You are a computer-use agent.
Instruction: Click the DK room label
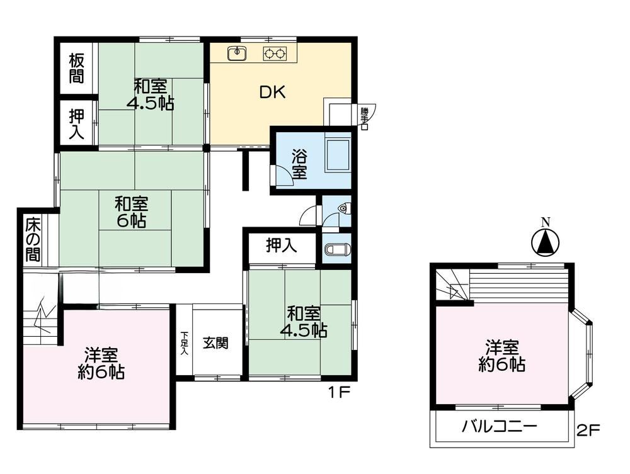click(x=272, y=93)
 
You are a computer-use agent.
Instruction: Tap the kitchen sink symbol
click(x=237, y=54)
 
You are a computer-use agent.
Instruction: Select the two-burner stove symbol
click(x=275, y=54)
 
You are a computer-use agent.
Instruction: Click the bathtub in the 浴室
click(x=338, y=156)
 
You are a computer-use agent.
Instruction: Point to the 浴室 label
click(x=299, y=164)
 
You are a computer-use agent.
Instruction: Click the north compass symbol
click(x=545, y=243)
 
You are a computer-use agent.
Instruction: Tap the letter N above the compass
click(x=545, y=222)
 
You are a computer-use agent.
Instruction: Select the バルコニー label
click(x=499, y=426)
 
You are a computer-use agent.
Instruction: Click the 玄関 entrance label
click(x=215, y=343)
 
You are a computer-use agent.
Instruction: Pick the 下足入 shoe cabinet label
click(x=185, y=343)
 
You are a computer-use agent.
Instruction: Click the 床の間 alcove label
click(x=33, y=240)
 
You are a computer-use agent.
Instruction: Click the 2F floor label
click(x=588, y=431)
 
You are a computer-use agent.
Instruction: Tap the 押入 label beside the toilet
click(x=282, y=245)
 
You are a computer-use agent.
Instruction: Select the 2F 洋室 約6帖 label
click(x=502, y=356)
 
